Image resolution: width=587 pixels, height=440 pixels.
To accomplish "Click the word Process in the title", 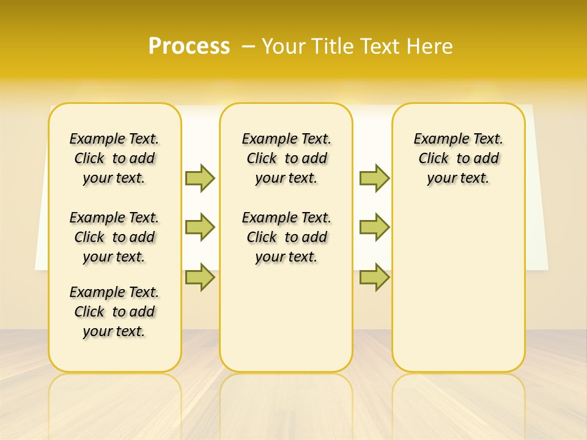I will pos(189,46).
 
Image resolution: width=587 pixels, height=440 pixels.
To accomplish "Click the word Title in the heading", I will pos(333,46).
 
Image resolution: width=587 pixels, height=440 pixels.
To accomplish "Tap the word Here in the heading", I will pos(431,46).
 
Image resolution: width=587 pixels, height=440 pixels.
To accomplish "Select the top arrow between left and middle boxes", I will pos(200,178).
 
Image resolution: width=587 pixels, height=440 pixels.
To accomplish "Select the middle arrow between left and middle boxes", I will pos(200,227).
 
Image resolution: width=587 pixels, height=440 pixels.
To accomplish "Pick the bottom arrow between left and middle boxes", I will pos(200,277).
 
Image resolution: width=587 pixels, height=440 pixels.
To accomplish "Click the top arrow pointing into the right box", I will pos(374,178).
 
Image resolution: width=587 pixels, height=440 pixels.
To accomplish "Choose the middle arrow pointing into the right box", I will pos(374,227).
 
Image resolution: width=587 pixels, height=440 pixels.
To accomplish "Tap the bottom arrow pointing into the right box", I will pos(374,277).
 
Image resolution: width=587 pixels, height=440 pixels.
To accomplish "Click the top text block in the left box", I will pos(114,158).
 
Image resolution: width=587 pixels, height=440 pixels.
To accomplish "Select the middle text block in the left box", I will pos(114,237).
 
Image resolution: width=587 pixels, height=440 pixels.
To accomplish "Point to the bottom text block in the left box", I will pos(114,312).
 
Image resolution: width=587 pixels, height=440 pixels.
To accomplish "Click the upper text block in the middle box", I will pos(286,158).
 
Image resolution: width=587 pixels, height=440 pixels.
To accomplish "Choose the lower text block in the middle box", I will pos(286,237).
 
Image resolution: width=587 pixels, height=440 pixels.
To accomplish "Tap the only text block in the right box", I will pos(459,158).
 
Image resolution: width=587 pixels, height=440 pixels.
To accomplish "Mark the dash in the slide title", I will pos(249,46).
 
